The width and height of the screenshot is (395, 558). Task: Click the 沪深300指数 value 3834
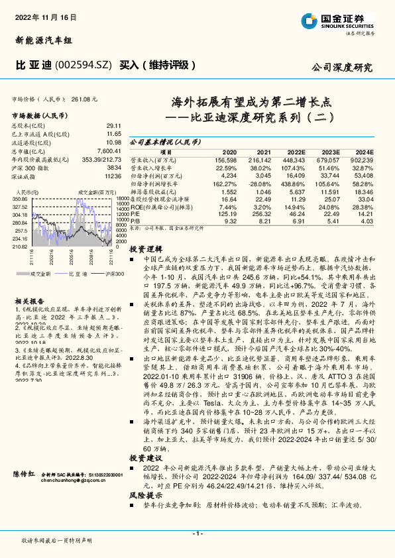coord(114,168)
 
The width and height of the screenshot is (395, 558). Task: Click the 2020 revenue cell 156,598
coord(225,160)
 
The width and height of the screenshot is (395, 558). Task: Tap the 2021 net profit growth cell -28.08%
coord(259,183)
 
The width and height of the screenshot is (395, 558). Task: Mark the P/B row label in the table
coord(135,221)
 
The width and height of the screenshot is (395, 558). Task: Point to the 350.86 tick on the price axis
coord(19,198)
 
